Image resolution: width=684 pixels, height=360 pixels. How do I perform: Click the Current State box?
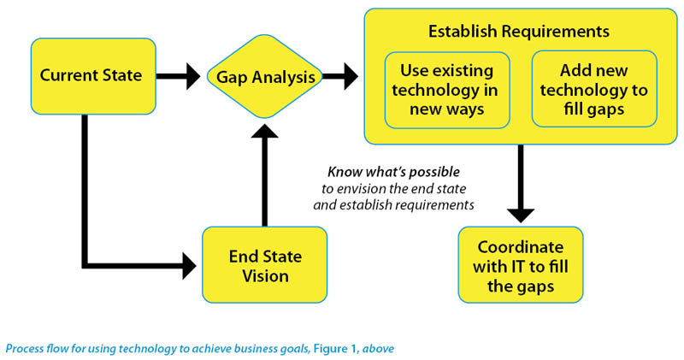93,76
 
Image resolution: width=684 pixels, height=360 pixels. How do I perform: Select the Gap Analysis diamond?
265,76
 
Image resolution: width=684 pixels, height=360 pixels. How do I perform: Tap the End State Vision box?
265,265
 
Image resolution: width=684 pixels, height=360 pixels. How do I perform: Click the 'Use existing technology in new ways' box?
447,90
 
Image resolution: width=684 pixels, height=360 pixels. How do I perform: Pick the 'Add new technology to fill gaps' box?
594,90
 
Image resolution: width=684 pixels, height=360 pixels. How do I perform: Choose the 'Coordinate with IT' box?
521,265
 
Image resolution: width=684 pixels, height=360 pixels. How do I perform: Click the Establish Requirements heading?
519,32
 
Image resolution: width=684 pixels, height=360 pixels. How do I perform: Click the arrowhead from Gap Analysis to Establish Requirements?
351,76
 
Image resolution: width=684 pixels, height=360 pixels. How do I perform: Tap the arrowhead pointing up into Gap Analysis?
265,131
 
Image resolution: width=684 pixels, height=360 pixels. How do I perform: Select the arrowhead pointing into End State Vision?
190,266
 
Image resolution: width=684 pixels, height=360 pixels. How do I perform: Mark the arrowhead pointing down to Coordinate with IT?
521,216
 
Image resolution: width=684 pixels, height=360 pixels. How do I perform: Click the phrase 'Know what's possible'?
393,172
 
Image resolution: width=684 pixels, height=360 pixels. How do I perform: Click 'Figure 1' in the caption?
336,349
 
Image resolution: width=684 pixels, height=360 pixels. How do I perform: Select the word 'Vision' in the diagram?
265,276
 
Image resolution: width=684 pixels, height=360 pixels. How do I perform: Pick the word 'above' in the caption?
379,349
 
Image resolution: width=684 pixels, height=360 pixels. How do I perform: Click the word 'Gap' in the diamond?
232,78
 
